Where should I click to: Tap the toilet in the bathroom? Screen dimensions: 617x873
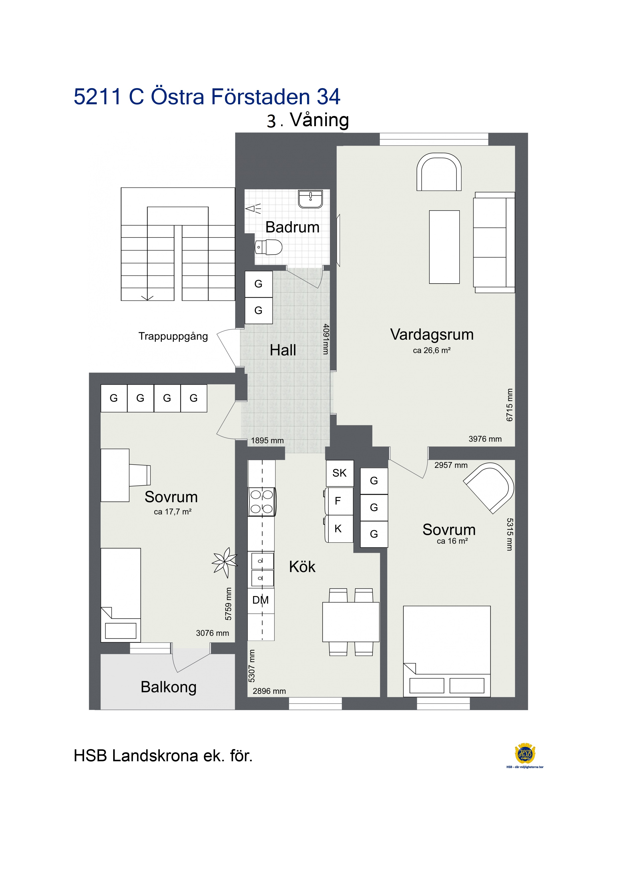(x=268, y=247)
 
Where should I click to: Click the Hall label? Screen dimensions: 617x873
(x=283, y=350)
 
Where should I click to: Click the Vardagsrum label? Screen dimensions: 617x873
(x=432, y=335)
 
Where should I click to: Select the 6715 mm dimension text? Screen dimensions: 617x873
(x=510, y=405)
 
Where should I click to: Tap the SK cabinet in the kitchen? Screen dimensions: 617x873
(x=340, y=473)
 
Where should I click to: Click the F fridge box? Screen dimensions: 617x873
(x=339, y=501)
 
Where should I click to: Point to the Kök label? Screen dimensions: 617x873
(x=302, y=567)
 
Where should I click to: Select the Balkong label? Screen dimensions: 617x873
(x=168, y=687)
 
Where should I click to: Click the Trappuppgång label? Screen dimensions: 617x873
(x=173, y=336)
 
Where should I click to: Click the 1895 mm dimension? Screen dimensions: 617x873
(x=267, y=440)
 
